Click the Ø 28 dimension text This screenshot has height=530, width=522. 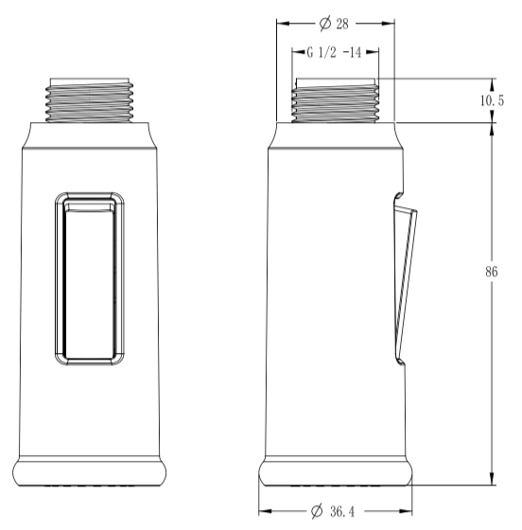tap(334, 24)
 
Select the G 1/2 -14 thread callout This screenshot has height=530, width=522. tap(334, 52)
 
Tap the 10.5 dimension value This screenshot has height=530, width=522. tap(492, 100)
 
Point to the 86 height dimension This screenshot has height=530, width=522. tap(492, 272)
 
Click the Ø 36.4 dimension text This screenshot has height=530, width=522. tap(333, 511)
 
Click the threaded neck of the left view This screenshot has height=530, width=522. tap(90, 100)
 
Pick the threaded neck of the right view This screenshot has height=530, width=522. tap(336, 100)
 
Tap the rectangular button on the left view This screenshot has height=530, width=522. tap(90, 278)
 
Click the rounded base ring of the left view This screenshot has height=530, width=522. tap(90, 471)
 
